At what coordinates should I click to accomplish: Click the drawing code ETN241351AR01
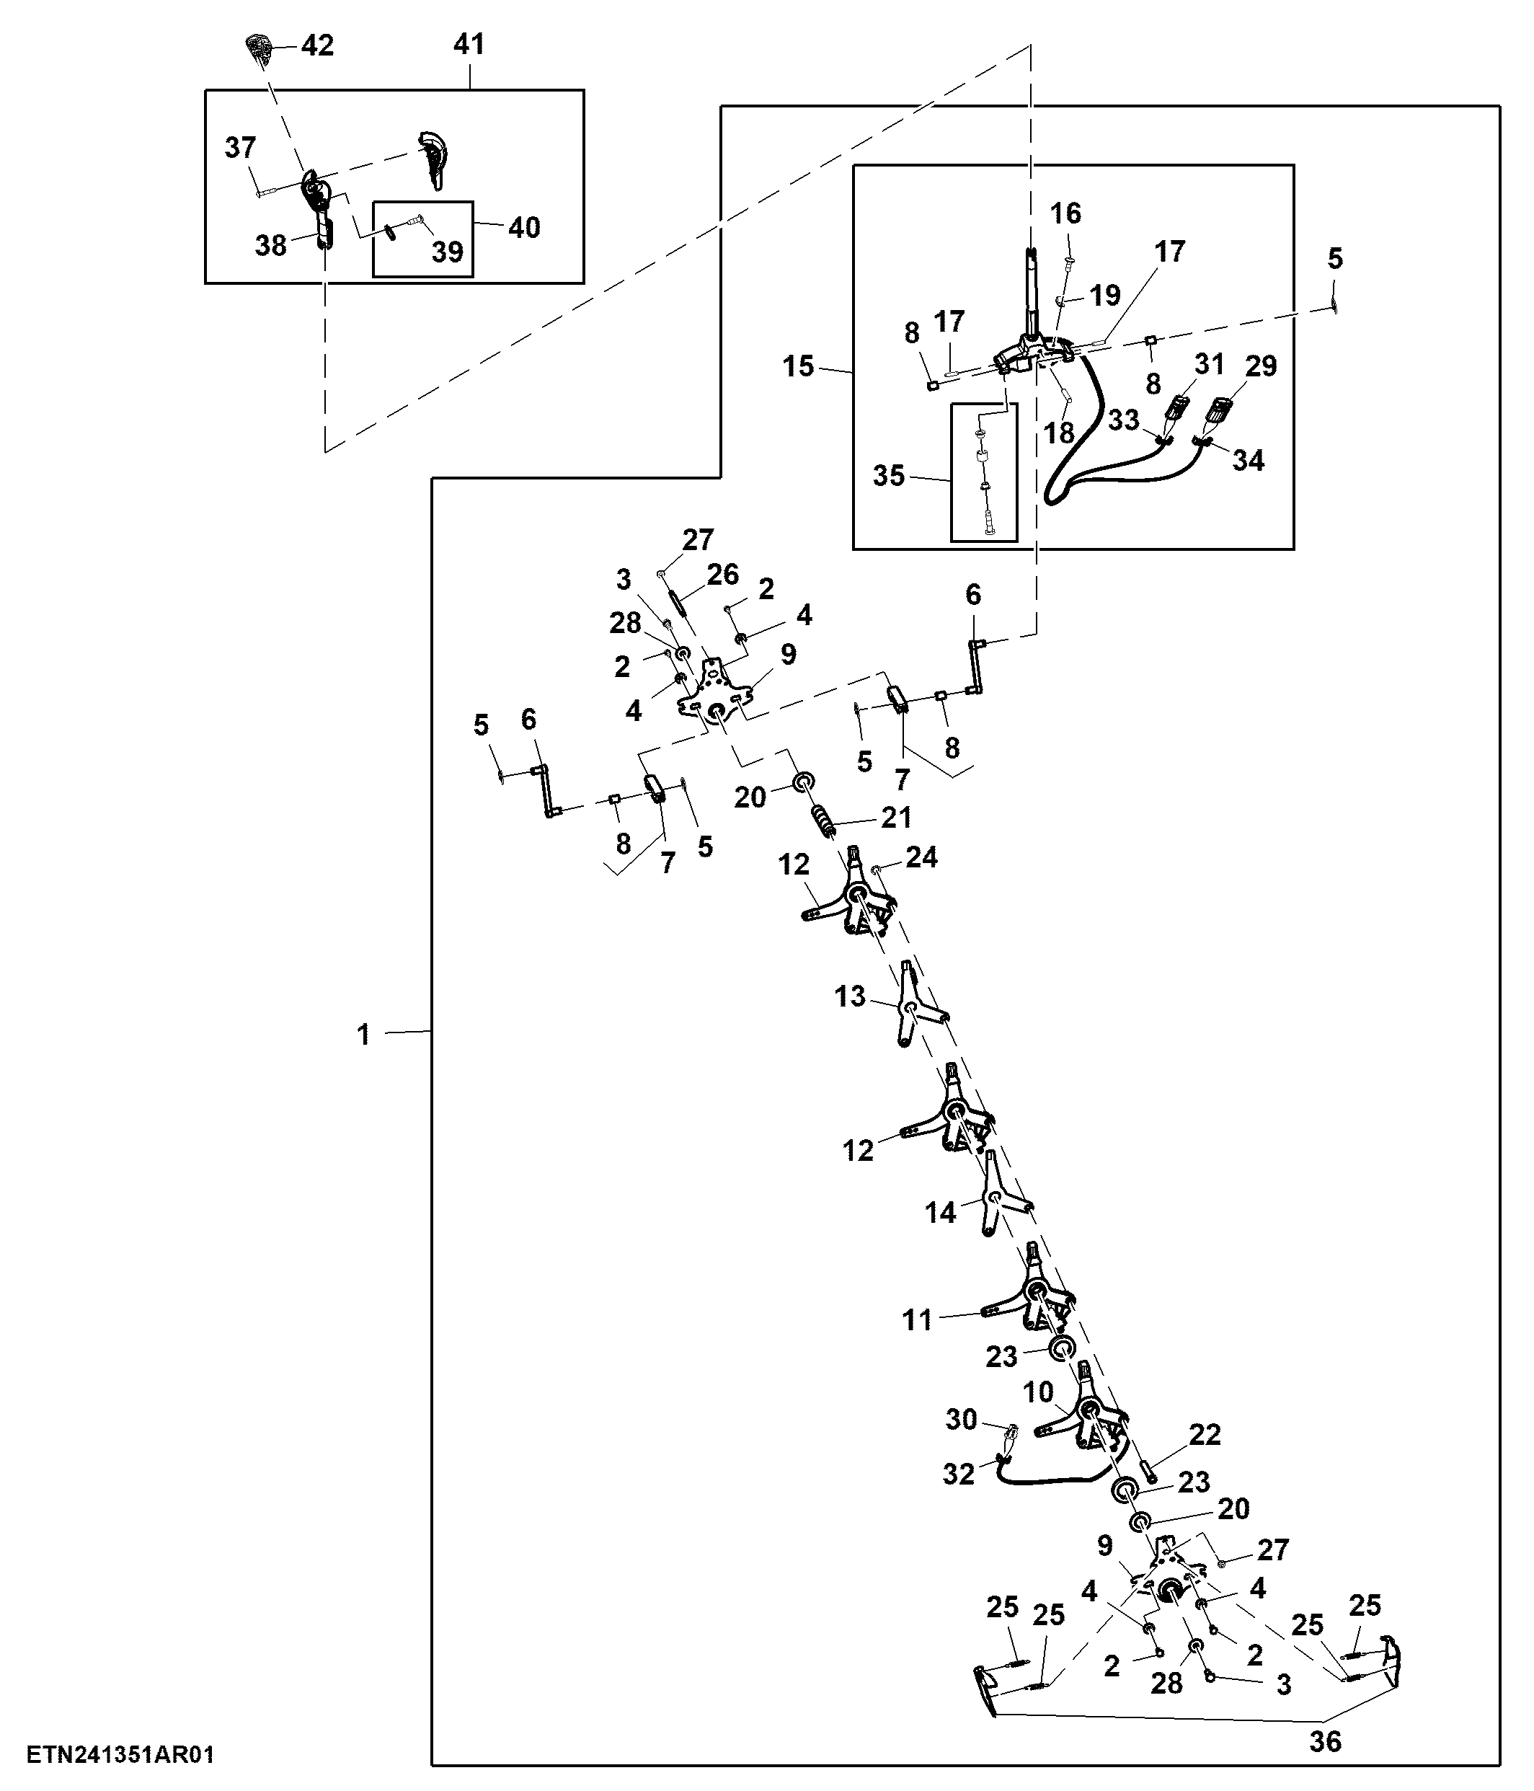(x=120, y=1755)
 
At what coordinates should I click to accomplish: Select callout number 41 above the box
(x=469, y=44)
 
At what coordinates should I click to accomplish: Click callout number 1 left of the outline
(x=364, y=1034)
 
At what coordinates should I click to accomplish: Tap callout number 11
(x=917, y=1320)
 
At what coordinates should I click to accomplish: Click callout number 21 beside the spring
(x=896, y=817)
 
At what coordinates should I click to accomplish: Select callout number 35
(x=888, y=475)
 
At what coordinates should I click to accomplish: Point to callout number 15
(x=799, y=366)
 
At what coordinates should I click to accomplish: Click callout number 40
(x=524, y=227)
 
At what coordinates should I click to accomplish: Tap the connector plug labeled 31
(x=1177, y=408)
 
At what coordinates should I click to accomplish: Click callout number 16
(x=1065, y=213)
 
